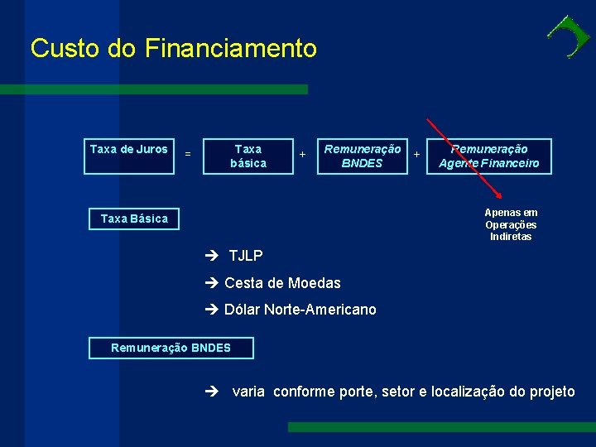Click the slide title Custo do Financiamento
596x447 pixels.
(173, 48)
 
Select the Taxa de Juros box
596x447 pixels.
(128, 156)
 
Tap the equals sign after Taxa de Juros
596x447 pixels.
(188, 154)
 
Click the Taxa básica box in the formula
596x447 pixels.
(248, 156)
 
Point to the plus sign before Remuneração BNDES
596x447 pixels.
(302, 154)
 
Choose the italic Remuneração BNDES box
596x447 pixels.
(363, 156)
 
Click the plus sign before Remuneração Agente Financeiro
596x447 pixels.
(416, 154)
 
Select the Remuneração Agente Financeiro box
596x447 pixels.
(488, 156)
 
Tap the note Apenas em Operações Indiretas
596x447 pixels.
(511, 224)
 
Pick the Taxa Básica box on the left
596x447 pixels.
(134, 219)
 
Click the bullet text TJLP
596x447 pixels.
(246, 257)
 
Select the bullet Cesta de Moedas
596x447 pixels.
(282, 283)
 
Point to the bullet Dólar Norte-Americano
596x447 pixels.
(300, 310)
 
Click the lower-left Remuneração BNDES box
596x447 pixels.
(171, 348)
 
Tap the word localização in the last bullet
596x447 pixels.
(469, 392)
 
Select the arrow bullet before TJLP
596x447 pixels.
(212, 257)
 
